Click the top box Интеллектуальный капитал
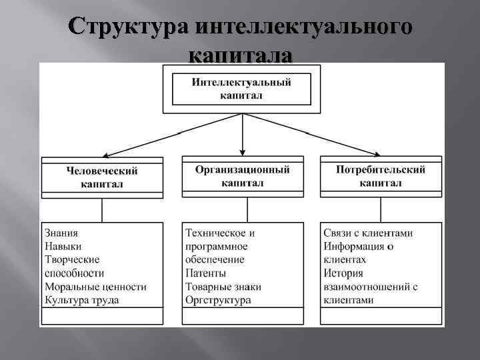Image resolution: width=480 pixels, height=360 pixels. click(241, 89)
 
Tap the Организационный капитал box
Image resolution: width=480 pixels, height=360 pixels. click(242, 176)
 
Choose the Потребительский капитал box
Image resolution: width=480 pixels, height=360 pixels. click(381, 176)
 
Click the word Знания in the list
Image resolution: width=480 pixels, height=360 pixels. click(61, 233)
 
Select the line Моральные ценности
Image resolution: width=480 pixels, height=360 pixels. click(95, 287)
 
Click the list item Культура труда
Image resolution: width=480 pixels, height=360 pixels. click(82, 300)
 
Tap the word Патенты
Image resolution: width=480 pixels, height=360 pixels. click(205, 273)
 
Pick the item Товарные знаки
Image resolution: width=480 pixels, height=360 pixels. click(223, 287)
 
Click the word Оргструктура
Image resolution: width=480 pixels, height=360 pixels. click(218, 300)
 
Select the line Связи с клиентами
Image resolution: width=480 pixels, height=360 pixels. click(368, 233)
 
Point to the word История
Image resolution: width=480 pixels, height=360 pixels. click(343, 273)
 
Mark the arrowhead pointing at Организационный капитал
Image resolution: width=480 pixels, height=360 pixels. click(242, 153)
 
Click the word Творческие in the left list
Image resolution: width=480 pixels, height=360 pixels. click(72, 260)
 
